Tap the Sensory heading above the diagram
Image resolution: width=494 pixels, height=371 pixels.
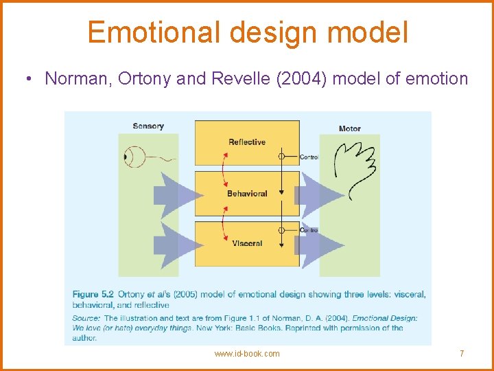[x=148, y=126]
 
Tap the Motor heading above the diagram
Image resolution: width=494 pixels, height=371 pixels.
[x=350, y=128]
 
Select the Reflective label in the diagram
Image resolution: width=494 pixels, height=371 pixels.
[x=247, y=142]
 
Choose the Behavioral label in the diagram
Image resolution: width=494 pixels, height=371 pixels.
[x=247, y=194]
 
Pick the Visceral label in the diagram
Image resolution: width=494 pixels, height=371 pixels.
[x=247, y=244]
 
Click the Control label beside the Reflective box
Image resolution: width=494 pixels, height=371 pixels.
[x=309, y=157]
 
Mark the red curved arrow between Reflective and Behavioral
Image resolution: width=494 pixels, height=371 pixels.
[x=224, y=168]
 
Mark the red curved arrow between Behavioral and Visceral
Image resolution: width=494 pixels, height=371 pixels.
[x=224, y=219]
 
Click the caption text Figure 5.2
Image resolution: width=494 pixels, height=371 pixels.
[x=93, y=295]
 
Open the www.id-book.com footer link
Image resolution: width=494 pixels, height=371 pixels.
[x=247, y=354]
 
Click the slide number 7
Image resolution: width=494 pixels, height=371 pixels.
[x=462, y=354]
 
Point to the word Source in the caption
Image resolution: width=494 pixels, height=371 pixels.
[x=86, y=318]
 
